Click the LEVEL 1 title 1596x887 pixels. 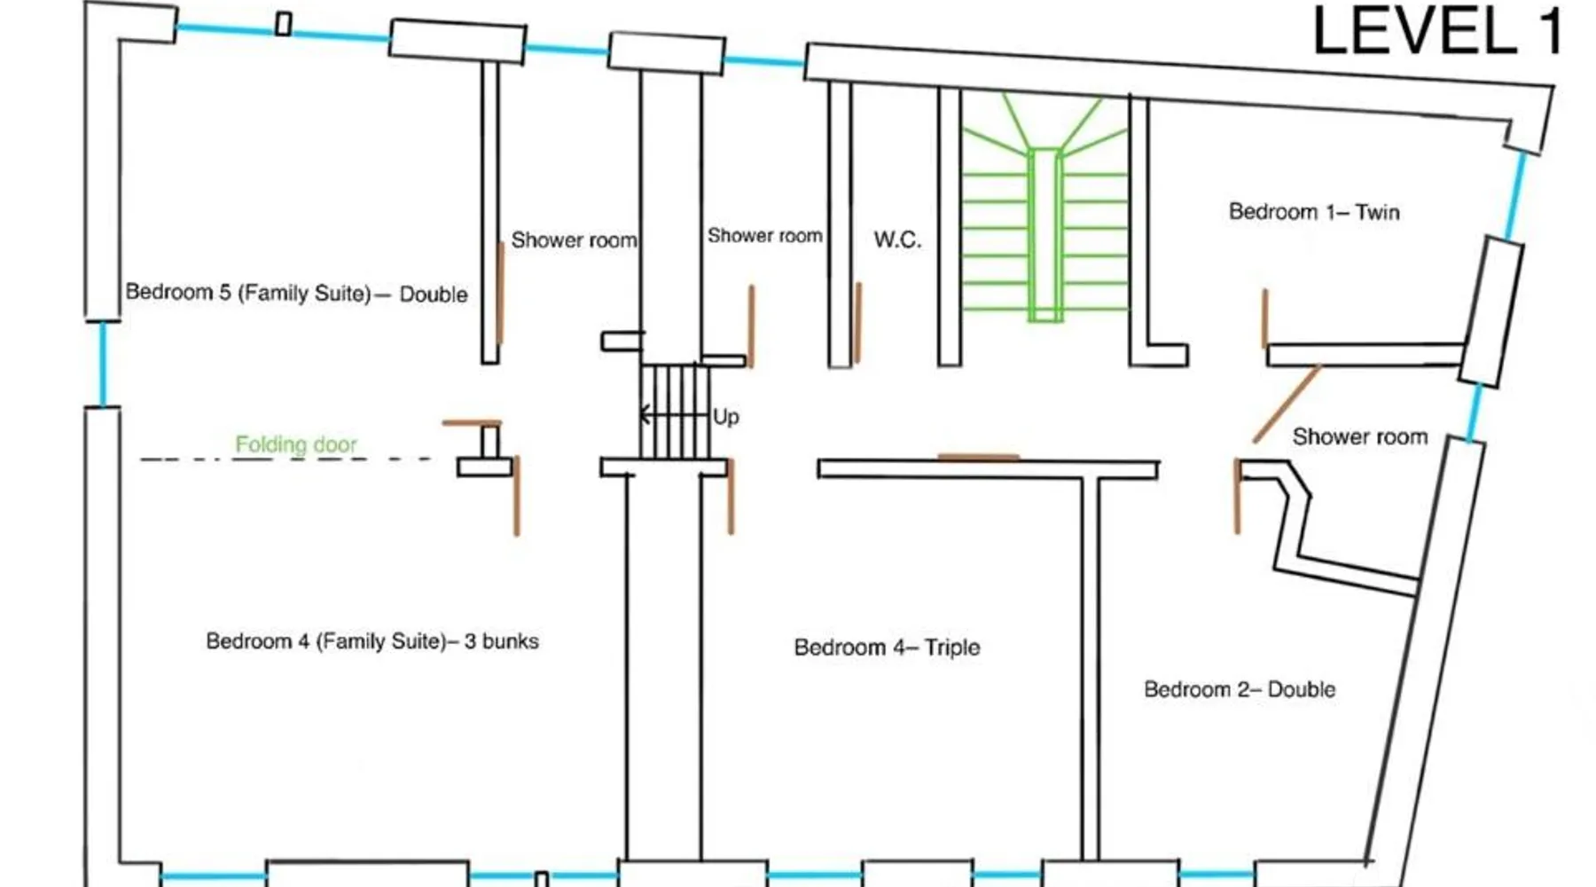(x=1436, y=32)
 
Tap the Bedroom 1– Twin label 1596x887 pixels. (x=1313, y=212)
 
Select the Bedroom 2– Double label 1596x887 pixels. (x=1239, y=689)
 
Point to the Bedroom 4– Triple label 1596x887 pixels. (x=887, y=648)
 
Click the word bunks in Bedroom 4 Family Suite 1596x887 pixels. (x=510, y=641)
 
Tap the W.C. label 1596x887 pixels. (x=897, y=239)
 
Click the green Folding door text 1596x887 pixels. (x=296, y=443)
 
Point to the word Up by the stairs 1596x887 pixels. (x=725, y=417)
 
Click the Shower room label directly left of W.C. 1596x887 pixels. (x=764, y=236)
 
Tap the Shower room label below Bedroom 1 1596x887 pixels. (x=1359, y=436)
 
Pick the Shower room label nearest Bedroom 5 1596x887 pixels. (x=574, y=240)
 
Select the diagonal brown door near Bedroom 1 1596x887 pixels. (x=1286, y=404)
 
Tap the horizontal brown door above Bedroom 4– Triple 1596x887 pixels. (x=978, y=458)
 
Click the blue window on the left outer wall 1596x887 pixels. (x=103, y=364)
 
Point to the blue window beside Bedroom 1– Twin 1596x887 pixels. (x=1514, y=195)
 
